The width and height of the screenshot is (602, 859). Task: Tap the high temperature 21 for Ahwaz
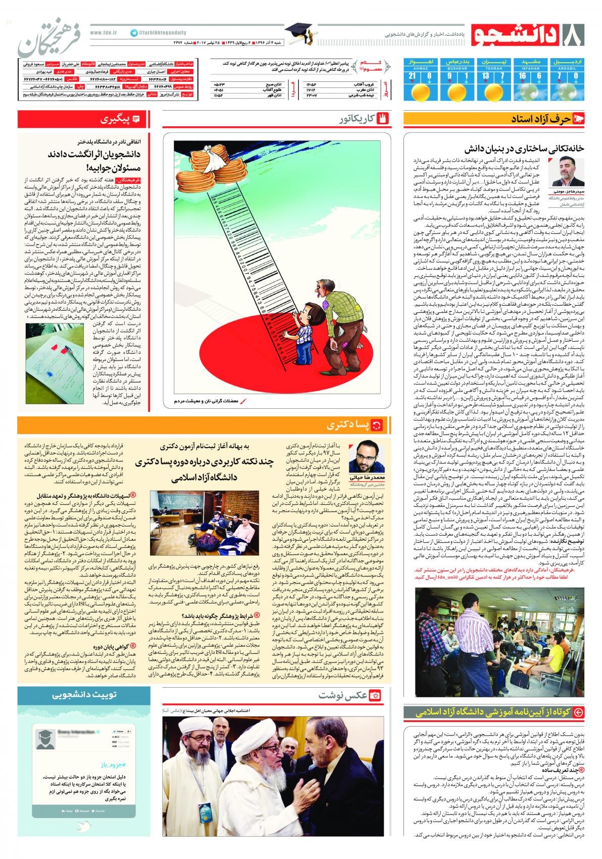pyautogui.click(x=412, y=76)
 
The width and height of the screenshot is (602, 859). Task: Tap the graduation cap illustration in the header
pyautogui.click(x=300, y=34)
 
